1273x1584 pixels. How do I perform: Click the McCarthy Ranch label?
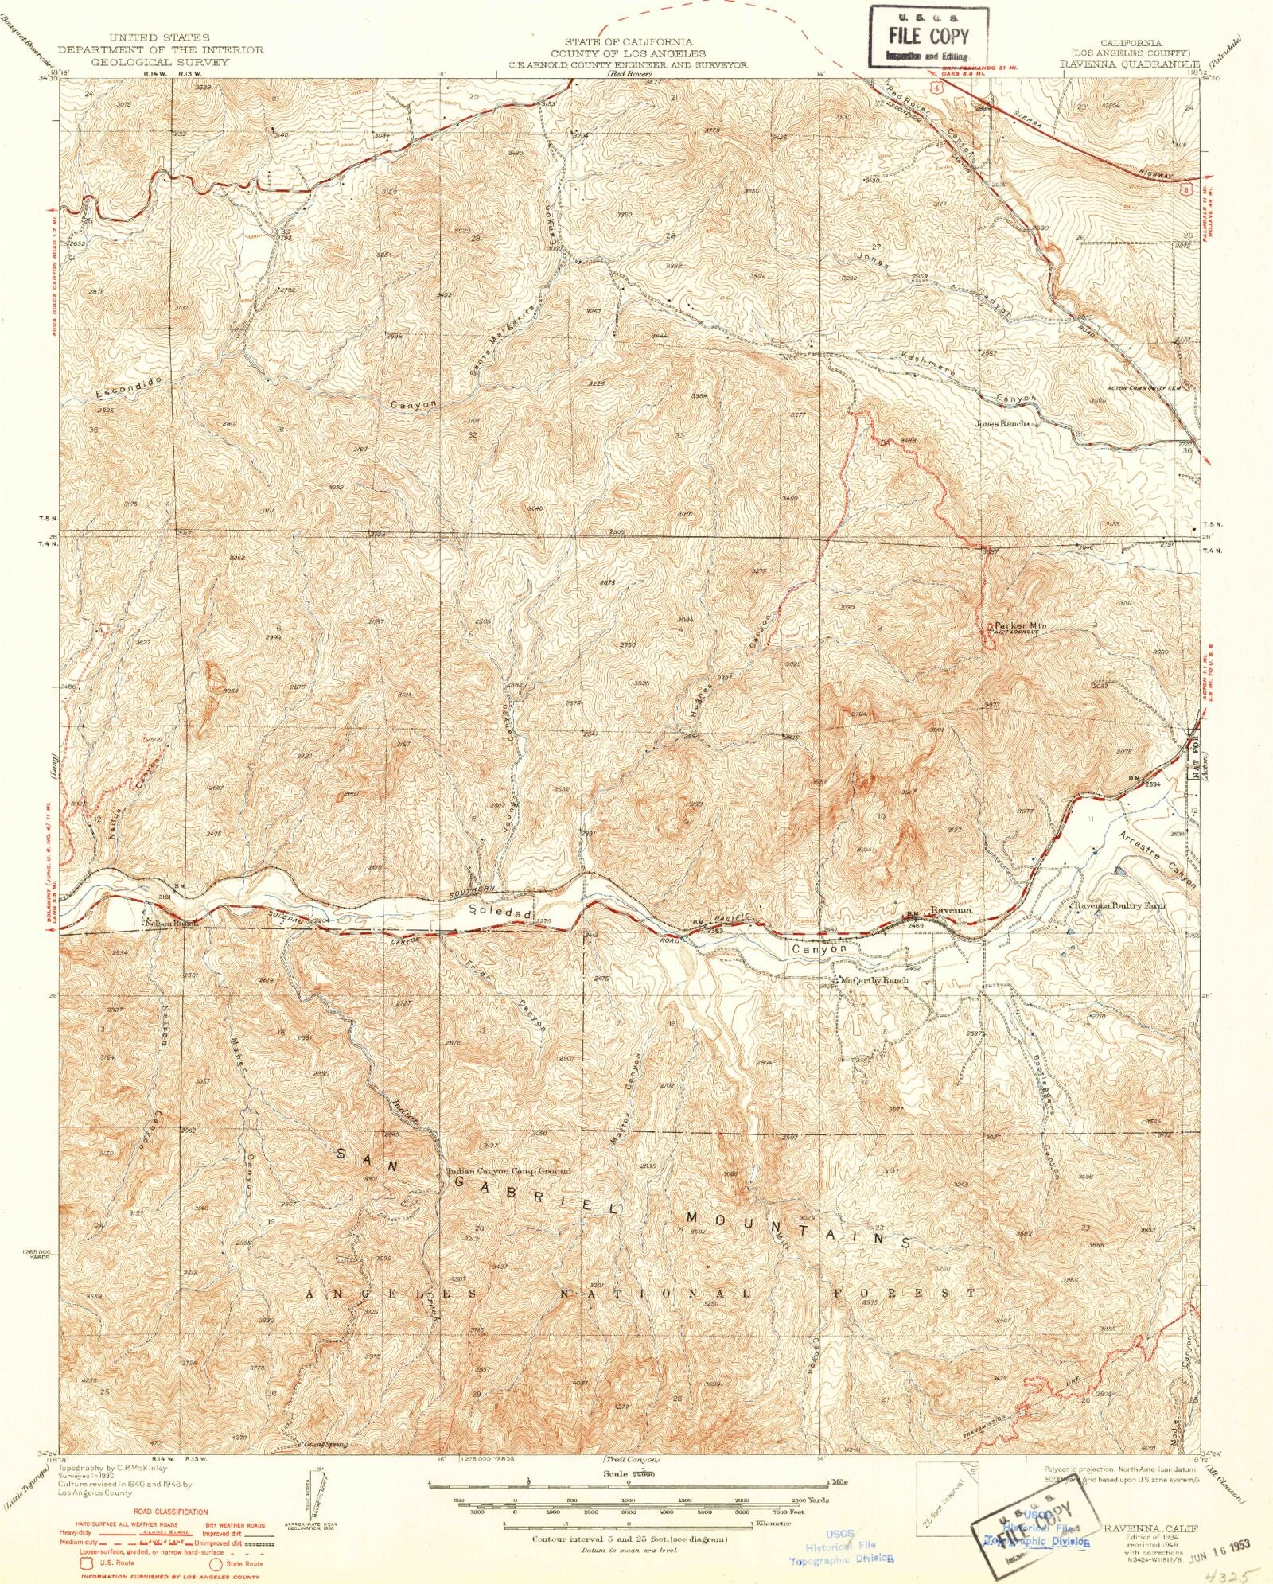(874, 980)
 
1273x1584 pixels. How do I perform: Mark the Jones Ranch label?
(1002, 424)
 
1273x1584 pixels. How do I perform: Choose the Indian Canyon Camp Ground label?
(509, 1171)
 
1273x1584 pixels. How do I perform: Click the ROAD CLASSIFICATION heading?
(170, 1511)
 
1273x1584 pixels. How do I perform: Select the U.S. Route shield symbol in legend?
(86, 1563)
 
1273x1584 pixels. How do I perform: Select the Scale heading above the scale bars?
(628, 1473)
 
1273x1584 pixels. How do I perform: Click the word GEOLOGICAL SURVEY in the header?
(159, 62)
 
